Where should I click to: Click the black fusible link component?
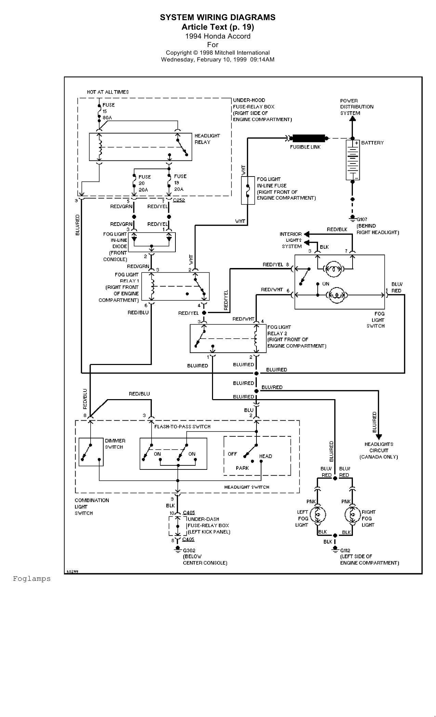[x=308, y=138]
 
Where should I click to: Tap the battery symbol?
[x=352, y=160]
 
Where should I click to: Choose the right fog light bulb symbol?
[x=353, y=515]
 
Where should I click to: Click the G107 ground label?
[x=362, y=220]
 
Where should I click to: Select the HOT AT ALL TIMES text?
[x=108, y=92]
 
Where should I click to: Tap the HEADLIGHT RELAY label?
[x=207, y=139]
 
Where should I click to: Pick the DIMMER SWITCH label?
[x=115, y=444]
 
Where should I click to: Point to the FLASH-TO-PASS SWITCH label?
[x=182, y=426]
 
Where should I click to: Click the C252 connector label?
[x=179, y=200]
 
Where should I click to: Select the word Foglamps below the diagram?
[x=32, y=579]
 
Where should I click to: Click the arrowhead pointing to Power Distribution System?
[x=353, y=118]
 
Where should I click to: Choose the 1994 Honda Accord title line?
[x=217, y=36]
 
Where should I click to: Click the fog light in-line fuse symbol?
[x=248, y=191]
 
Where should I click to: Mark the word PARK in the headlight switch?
[x=242, y=468]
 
